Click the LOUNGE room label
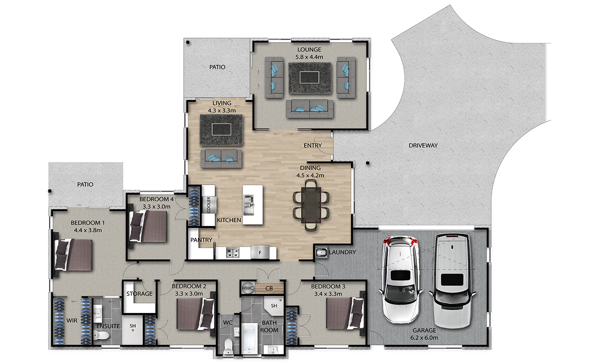(x=309, y=49)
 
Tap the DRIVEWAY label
(x=423, y=145)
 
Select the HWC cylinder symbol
(x=247, y=288)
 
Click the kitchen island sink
(x=248, y=205)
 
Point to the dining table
(x=311, y=205)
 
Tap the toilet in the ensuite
(x=101, y=334)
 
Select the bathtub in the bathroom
(x=249, y=338)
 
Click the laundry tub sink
(x=321, y=252)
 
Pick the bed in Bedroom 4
(x=148, y=226)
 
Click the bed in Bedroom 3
(x=345, y=313)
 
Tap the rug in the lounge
(x=309, y=78)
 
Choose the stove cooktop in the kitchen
(x=232, y=253)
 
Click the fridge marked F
(x=260, y=252)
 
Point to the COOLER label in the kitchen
(x=209, y=205)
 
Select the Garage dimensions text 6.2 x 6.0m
(x=424, y=338)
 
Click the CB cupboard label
(x=269, y=289)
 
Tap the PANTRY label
(x=201, y=240)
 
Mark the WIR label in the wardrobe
(x=72, y=320)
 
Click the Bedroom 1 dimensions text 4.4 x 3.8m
(x=88, y=230)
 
